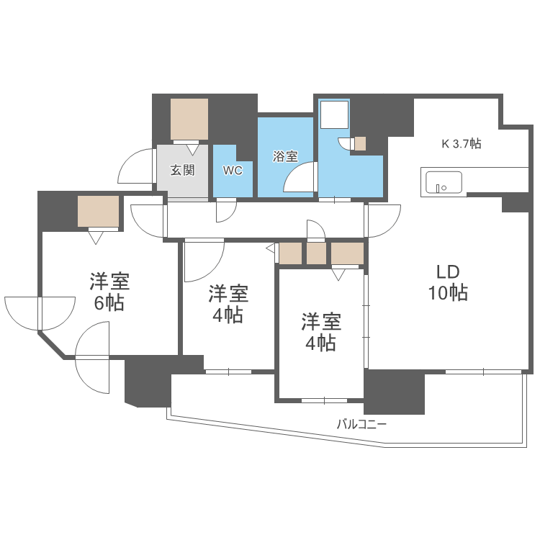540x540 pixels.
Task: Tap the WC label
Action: [233, 171]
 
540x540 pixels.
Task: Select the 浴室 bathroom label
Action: [286, 156]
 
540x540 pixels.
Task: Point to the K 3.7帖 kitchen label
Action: [461, 144]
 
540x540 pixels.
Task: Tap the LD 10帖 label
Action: [449, 282]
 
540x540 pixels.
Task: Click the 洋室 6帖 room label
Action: [109, 292]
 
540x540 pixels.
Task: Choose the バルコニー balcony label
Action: [361, 424]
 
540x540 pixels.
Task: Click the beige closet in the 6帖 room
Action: [99, 211]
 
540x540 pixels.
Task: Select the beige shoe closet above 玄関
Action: [190, 120]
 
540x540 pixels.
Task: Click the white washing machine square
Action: [334, 115]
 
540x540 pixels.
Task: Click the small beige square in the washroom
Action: [360, 143]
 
